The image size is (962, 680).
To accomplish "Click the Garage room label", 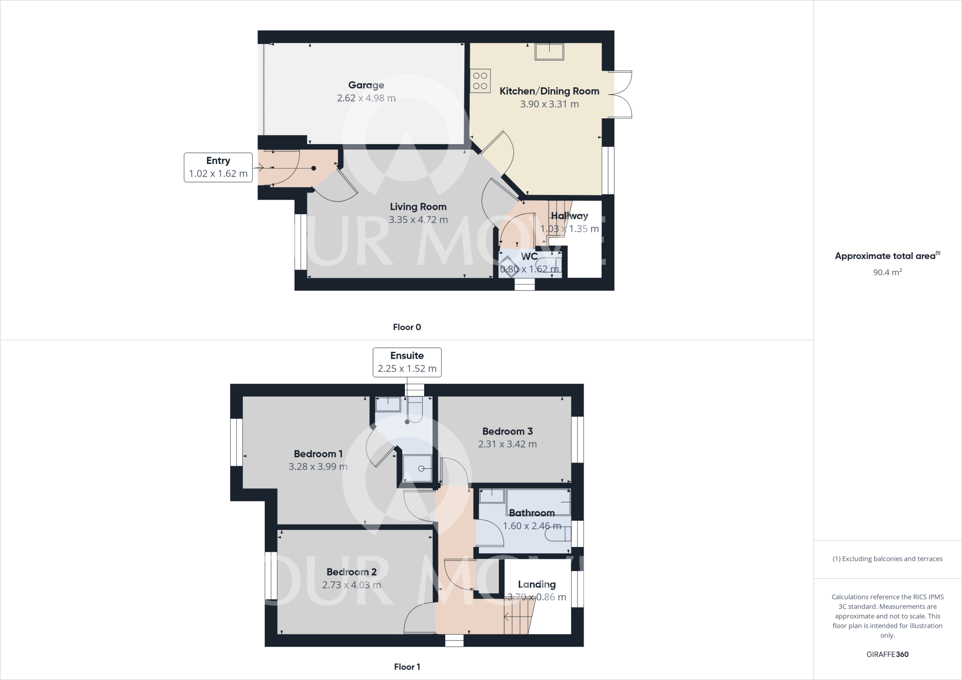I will coord(366,85).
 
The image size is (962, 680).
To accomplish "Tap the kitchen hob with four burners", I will coord(480,81).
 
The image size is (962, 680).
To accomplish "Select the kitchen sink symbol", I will coord(549,52).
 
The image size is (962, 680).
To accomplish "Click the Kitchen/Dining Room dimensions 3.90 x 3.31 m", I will coord(549,104).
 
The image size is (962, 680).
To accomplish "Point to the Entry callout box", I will coord(218,167).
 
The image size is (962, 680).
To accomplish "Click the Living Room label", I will coord(418,207).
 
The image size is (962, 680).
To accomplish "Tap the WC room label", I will coord(529,256).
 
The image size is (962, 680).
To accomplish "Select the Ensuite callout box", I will coord(407,362).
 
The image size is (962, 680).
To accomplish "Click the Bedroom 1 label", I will coord(318,454).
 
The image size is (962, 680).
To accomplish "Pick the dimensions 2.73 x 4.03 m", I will coord(351,585).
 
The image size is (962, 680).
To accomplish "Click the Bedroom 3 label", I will coord(507,431).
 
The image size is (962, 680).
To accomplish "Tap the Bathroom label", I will coord(532,513).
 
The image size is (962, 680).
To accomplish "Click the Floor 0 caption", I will coord(407,327).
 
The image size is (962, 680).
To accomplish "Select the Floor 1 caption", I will coord(407,667).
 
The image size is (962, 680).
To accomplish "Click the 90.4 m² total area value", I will coord(887,272).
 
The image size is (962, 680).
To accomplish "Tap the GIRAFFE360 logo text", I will coord(887,654).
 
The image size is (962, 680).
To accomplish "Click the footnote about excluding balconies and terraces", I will coord(887,559).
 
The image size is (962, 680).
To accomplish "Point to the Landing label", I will coord(536,584).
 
